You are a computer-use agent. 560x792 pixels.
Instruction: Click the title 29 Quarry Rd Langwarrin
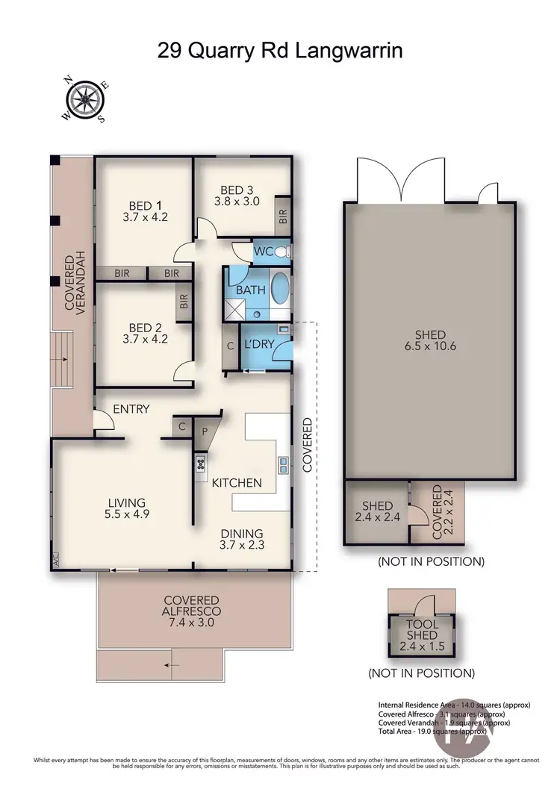pyautogui.click(x=279, y=50)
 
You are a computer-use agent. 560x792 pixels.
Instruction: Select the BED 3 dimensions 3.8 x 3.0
pyautogui.click(x=236, y=201)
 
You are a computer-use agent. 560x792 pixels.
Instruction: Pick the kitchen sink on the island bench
pyautogui.click(x=284, y=465)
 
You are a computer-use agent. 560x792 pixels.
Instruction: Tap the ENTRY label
pyautogui.click(x=132, y=409)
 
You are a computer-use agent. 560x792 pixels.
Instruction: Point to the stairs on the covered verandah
pyautogui.click(x=63, y=358)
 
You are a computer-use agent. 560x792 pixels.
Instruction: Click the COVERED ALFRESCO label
pyautogui.click(x=192, y=606)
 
